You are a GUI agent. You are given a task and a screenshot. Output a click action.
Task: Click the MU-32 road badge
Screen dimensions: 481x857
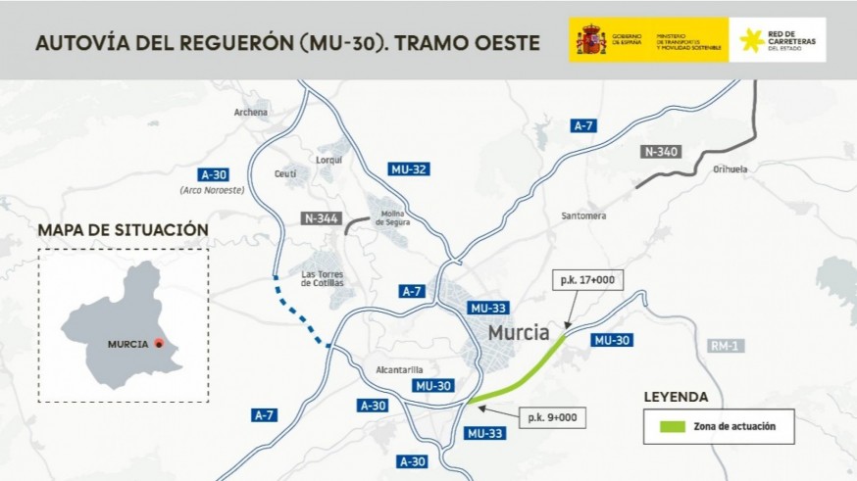point(408,168)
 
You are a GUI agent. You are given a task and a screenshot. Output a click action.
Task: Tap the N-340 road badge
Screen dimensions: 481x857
point(661,152)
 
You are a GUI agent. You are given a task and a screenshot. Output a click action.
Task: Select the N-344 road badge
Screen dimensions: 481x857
point(321,218)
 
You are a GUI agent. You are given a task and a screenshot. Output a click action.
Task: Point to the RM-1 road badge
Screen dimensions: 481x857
point(724,347)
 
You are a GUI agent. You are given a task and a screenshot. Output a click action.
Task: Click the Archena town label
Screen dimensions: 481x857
point(250,112)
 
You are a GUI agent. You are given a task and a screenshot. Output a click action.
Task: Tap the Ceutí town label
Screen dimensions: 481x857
point(284,173)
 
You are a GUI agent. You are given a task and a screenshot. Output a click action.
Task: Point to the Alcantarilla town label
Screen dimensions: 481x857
point(398,369)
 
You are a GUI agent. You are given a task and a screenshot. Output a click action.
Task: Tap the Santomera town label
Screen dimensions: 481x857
point(583,216)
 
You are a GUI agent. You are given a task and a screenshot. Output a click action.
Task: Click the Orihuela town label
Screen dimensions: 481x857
point(730,168)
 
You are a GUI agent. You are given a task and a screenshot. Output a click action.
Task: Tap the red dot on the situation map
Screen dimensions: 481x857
point(158,344)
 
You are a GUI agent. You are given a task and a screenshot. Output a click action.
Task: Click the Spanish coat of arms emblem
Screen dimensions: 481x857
point(590,40)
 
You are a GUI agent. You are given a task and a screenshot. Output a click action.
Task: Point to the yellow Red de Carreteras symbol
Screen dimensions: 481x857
point(751,40)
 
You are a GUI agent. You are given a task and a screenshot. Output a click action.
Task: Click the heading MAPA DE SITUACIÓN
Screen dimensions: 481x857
point(123,230)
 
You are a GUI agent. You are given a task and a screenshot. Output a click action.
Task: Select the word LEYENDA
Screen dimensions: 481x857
point(676,397)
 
